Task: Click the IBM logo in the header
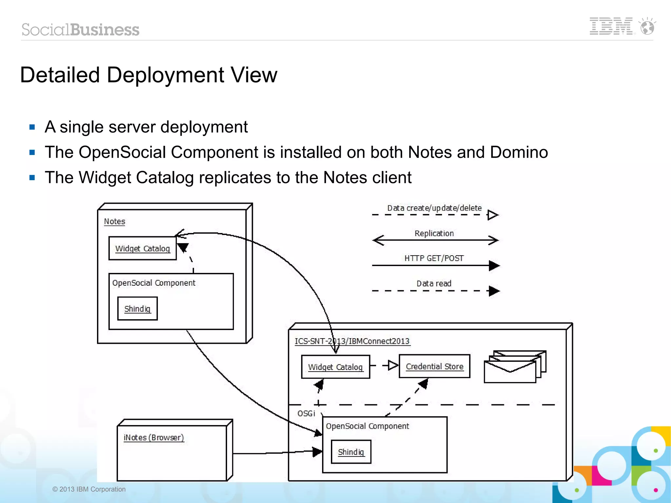point(611,26)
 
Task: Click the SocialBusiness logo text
point(81,30)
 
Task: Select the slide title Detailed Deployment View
point(148,75)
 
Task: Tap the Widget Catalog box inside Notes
point(143,248)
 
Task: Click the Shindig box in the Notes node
point(137,309)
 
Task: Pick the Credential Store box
point(434,366)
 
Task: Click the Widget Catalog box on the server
point(335,367)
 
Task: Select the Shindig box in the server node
point(351,452)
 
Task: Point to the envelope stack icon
point(515,367)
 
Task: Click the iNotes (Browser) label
point(154,437)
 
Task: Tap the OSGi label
point(306,414)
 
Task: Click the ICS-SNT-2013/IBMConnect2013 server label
point(352,341)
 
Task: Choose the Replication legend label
point(434,233)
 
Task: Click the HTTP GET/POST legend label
point(434,258)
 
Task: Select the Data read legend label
point(434,283)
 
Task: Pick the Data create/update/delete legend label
point(434,208)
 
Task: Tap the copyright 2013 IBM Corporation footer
point(89,489)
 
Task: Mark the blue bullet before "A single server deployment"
point(32,127)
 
